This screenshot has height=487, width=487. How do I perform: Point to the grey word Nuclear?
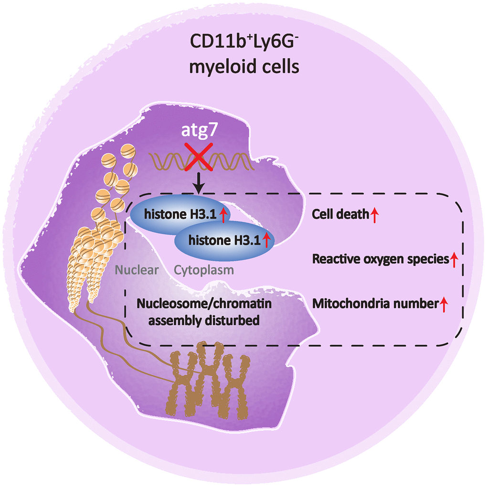[137, 270]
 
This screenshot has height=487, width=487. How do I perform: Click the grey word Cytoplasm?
[204, 270]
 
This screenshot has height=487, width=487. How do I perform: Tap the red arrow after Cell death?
[375, 215]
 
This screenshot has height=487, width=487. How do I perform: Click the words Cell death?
[340, 215]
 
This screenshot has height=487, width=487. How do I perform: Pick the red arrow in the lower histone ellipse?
[266, 241]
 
